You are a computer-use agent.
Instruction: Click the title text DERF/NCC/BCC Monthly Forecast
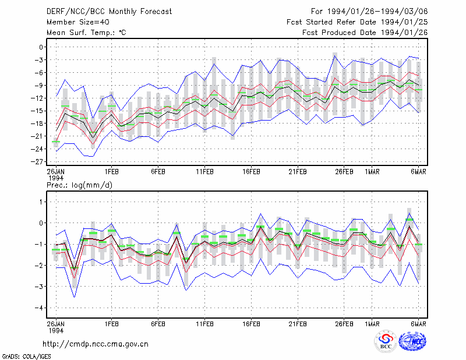click(x=109, y=12)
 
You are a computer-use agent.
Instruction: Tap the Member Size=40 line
click(x=78, y=22)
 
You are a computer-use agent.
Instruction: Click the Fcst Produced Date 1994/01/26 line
click(x=365, y=33)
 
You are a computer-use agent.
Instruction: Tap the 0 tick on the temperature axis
click(x=41, y=47)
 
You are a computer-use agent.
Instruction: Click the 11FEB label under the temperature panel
click(x=205, y=172)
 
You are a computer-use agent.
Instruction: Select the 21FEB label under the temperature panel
click(x=298, y=172)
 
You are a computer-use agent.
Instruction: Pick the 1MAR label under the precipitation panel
click(x=372, y=324)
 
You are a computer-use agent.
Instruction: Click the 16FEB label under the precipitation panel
click(x=251, y=324)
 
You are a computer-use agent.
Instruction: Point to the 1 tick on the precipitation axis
click(x=41, y=202)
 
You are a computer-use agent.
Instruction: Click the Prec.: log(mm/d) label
click(x=79, y=185)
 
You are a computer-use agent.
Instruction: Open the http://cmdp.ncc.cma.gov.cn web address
click(x=96, y=344)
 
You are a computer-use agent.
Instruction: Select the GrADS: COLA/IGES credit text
click(x=26, y=357)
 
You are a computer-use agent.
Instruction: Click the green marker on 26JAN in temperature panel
click(x=56, y=142)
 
